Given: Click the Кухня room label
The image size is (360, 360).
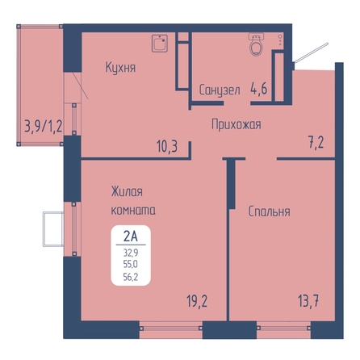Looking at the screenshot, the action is click(x=120, y=67).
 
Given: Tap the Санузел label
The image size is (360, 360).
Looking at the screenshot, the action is click(x=220, y=90).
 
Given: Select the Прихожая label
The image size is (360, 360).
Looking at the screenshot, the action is click(x=237, y=124).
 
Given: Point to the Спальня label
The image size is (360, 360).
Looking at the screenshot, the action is click(x=269, y=211).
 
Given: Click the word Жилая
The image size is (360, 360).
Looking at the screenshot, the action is click(x=127, y=192).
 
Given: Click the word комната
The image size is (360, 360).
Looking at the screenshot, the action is click(x=133, y=210).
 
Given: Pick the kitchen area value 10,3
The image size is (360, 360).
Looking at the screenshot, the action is click(x=167, y=147).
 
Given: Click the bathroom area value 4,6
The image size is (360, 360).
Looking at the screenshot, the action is click(x=259, y=88).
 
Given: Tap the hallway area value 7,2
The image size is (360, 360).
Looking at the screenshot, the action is click(x=316, y=142).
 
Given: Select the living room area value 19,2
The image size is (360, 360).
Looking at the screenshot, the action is click(x=197, y=301).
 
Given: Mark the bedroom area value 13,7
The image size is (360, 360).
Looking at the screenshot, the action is click(x=308, y=301).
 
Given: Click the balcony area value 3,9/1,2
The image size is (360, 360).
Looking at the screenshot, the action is click(x=44, y=126).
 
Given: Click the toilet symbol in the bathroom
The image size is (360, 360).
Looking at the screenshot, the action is click(x=256, y=44).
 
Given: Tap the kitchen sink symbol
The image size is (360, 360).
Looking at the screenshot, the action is click(x=160, y=44).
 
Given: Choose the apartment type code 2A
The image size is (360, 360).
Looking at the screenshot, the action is click(x=131, y=237).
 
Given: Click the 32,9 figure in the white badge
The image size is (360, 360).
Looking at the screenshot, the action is click(x=131, y=253).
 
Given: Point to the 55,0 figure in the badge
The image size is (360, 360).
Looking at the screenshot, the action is click(x=131, y=265).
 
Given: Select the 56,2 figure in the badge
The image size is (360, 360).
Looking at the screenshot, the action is click(x=131, y=277).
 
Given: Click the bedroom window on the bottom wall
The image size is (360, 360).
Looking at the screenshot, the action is click(x=284, y=329).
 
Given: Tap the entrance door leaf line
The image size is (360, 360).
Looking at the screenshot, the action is click(x=311, y=52).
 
